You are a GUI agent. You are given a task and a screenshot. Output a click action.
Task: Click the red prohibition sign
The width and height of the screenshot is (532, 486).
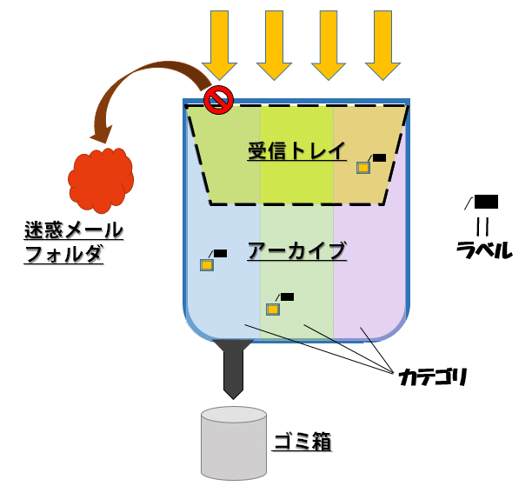218,100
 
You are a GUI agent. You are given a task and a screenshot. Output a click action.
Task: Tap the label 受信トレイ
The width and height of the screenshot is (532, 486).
296,150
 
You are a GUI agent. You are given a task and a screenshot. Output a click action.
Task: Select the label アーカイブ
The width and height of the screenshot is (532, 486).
296,250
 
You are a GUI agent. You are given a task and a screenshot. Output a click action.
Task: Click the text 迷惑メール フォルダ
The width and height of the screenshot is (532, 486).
73,243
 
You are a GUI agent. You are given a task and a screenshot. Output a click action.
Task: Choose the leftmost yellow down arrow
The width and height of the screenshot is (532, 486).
219,43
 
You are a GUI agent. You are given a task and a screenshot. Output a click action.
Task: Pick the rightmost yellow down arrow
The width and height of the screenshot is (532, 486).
382,43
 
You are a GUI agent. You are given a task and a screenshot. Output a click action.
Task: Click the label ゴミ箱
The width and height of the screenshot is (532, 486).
303,442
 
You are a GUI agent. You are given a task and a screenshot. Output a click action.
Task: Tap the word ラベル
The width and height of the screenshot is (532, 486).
483,250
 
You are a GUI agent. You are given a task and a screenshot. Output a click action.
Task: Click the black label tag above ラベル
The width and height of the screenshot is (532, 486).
486,203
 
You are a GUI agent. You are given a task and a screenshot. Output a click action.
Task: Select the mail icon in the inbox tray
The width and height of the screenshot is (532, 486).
363,168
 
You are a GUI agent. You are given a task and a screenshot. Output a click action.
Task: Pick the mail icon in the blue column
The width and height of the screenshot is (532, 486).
207,265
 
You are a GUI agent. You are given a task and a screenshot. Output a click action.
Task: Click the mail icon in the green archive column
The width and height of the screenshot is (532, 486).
273,309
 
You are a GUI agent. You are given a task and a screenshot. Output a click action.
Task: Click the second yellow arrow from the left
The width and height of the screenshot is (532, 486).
274,43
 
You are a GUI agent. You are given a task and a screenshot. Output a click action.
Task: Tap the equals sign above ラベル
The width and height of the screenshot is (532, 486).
482,225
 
